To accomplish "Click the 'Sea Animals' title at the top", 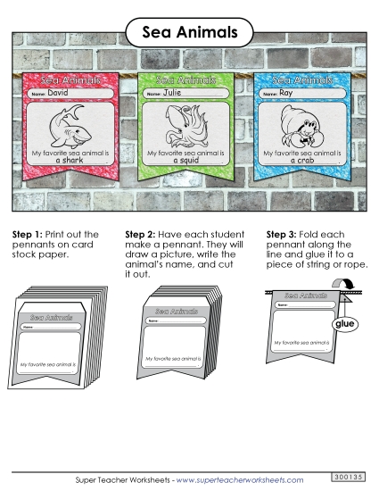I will pyautogui.click(x=189, y=32).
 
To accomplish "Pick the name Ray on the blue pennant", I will pyautogui.click(x=286, y=92).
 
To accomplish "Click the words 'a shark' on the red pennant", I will pyautogui.click(x=68, y=161).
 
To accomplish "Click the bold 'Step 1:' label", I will pyautogui.click(x=28, y=234).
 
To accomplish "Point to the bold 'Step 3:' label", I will pyautogui.click(x=284, y=234).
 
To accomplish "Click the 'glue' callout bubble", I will pyautogui.click(x=342, y=326).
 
